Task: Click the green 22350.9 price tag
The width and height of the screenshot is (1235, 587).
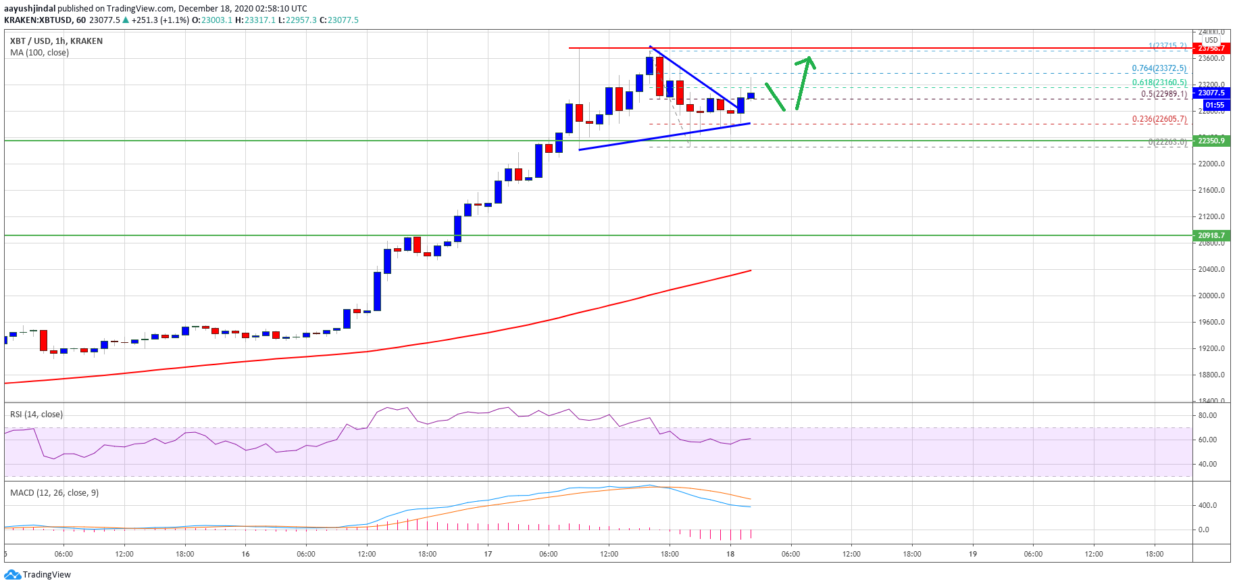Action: click(x=1211, y=141)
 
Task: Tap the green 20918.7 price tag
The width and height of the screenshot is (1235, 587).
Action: click(x=1211, y=235)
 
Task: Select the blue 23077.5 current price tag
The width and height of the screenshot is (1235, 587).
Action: click(x=1211, y=93)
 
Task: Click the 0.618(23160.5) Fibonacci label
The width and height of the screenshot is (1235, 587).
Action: click(x=1159, y=83)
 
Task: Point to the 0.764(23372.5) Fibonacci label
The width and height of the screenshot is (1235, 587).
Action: click(x=1159, y=68)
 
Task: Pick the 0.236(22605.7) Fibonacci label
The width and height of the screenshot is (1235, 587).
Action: click(x=1159, y=119)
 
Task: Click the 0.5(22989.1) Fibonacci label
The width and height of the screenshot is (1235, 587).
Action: click(x=1163, y=94)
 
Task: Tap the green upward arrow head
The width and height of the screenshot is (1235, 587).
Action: click(x=807, y=61)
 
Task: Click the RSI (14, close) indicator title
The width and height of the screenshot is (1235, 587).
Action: click(x=36, y=415)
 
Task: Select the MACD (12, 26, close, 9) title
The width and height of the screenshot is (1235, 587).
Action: click(x=54, y=493)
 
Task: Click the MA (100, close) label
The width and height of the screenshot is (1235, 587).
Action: click(x=39, y=53)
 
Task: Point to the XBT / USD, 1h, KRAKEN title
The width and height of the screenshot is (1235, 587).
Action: click(x=56, y=41)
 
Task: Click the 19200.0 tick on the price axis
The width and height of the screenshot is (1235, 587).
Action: click(x=1211, y=348)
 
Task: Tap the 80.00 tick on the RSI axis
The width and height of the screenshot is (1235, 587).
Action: click(x=1207, y=415)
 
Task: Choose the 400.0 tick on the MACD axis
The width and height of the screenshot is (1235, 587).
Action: click(x=1207, y=505)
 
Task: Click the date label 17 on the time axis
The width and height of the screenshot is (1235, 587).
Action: click(x=488, y=554)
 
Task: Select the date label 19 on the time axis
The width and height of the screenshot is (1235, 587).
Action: click(x=973, y=554)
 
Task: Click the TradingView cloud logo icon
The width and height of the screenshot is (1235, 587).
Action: click(x=12, y=575)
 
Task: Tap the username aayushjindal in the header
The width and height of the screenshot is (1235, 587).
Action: click(x=30, y=9)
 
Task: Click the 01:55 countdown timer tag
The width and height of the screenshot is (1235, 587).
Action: click(x=1215, y=105)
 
